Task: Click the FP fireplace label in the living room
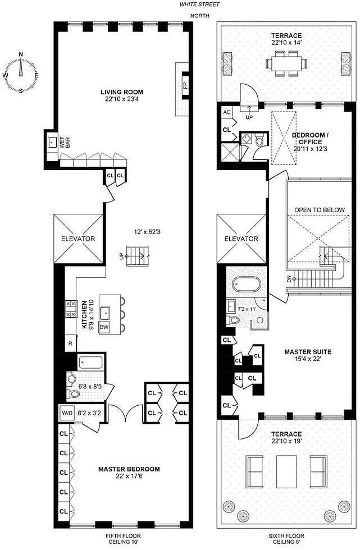point(185,85)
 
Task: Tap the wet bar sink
point(53,143)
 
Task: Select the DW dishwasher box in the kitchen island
point(104,327)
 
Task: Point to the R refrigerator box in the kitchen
point(70,343)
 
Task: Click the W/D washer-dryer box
point(67,413)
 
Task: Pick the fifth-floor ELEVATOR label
point(78,239)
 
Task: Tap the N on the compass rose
point(21,54)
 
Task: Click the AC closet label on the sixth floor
point(227,112)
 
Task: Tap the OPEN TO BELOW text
point(320,210)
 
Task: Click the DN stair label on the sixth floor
point(289,279)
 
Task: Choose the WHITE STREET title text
point(199,4)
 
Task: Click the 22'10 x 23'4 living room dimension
point(122,99)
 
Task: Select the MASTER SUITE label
point(308,352)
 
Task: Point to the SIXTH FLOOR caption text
point(286,536)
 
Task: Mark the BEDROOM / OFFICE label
point(311,139)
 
